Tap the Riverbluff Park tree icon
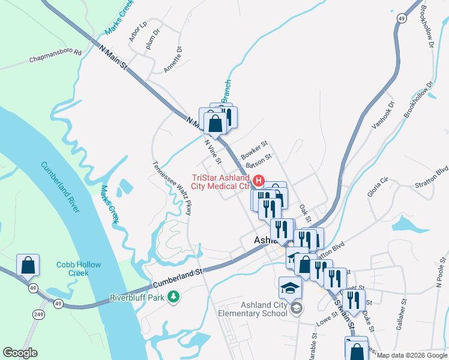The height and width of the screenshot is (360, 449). point(173,296)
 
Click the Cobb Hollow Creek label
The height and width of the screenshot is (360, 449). point(79,269)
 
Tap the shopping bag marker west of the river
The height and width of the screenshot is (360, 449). point(28,265)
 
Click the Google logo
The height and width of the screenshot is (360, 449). point(20,353)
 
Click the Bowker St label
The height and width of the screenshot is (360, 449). point(253,150)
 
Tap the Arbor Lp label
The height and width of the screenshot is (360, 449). point(137,32)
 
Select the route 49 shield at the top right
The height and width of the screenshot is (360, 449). point(400,19)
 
